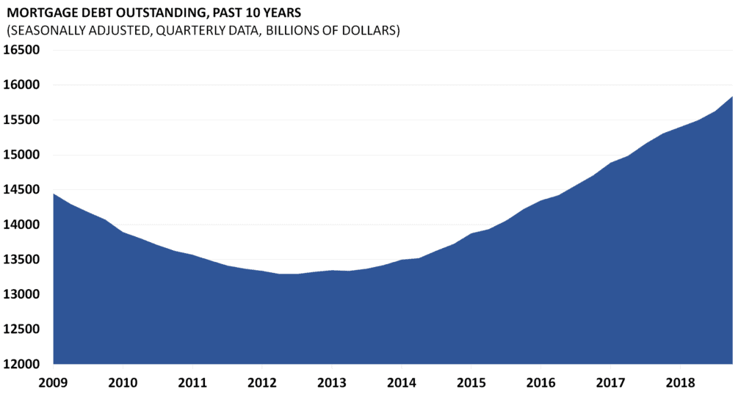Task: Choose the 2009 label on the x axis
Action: [54, 382]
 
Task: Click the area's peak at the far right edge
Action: [731, 98]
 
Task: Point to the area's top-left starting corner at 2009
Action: [54, 194]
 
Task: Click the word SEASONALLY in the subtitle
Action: [44, 32]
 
